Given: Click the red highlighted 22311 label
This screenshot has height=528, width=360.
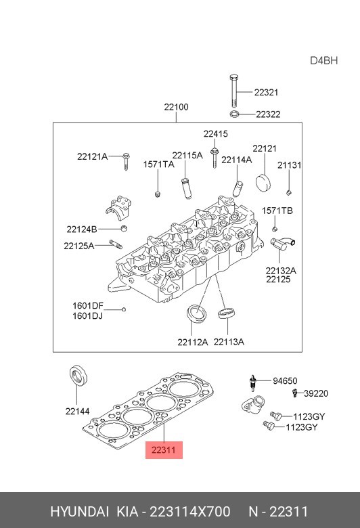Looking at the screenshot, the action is pos(164,450).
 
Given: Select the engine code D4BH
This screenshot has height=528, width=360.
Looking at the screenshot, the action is pos(323,61).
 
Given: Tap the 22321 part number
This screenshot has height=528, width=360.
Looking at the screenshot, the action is pos(266,92).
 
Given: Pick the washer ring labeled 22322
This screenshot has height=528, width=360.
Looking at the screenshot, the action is pos(235,114).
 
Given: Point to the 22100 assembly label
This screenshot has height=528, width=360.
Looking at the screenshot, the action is pos(176,107).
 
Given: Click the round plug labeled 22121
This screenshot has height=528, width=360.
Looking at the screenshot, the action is pos(263,183).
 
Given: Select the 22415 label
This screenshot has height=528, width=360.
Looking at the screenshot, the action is pos(216,134).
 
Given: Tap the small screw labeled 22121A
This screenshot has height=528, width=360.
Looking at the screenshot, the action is pos(127,162).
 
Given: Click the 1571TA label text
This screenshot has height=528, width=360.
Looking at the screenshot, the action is pos(158,164).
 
